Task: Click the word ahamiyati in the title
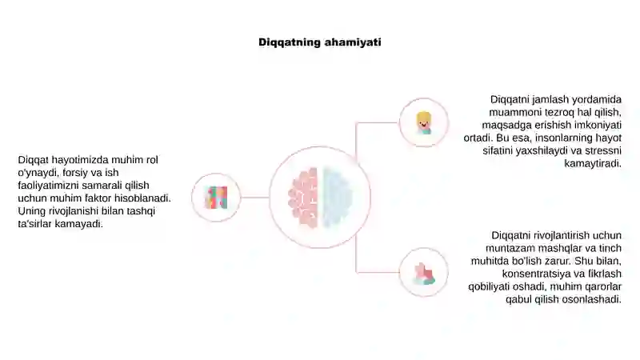353,42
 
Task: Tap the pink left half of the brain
303,197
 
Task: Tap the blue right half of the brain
338,197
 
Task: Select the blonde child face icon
424,123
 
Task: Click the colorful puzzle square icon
216,198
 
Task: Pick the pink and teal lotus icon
424,273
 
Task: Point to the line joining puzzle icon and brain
254,198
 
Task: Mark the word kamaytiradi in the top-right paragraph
593,164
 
